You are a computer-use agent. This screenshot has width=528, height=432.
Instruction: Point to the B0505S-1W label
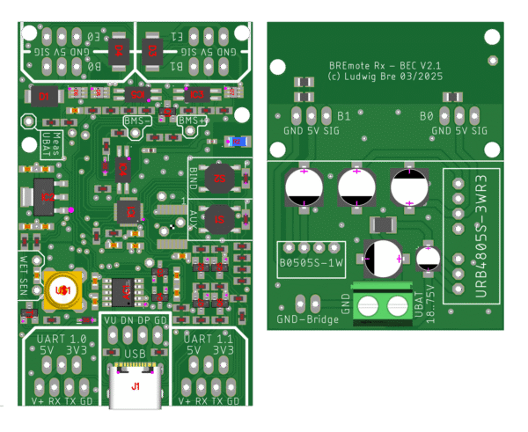click(x=311, y=262)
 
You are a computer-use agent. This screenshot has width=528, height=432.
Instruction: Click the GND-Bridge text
click(x=308, y=320)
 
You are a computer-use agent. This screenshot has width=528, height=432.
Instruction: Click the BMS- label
click(x=138, y=120)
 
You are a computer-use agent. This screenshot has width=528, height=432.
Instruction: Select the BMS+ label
click(x=192, y=120)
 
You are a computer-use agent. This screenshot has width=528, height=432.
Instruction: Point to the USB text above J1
click(x=135, y=353)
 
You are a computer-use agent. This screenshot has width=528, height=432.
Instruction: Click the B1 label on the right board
click(x=344, y=115)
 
